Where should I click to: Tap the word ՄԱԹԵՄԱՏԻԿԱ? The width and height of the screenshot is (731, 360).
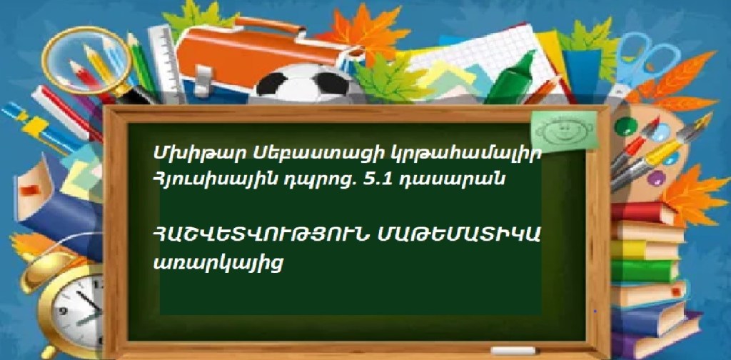[459, 237]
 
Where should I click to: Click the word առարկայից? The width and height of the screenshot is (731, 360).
[218, 264]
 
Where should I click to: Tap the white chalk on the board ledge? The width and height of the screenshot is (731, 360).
[513, 350]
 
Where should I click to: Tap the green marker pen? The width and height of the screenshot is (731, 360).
[511, 79]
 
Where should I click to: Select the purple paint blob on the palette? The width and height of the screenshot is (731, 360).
[656, 178]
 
